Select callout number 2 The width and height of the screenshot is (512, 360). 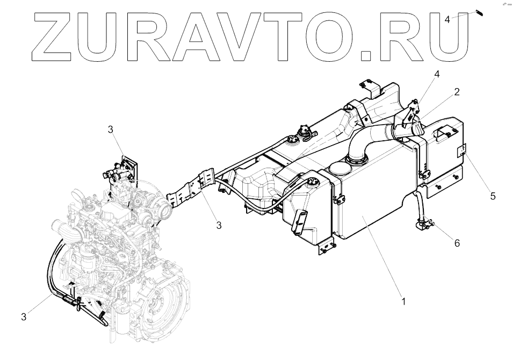click(456, 92)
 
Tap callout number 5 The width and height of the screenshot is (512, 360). click(493, 196)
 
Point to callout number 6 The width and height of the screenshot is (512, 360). click(457, 243)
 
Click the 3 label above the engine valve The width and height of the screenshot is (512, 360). click(111, 129)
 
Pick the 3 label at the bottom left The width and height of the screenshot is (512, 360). click(24, 317)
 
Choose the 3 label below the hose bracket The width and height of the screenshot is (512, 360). click(219, 225)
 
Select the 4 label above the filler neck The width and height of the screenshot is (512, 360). click(437, 74)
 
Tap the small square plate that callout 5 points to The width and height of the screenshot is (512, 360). click(461, 150)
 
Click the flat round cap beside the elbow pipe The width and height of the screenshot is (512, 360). click(340, 168)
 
